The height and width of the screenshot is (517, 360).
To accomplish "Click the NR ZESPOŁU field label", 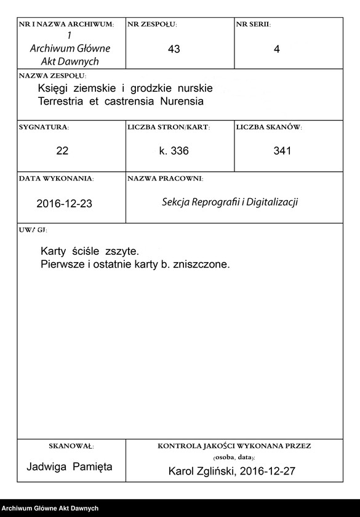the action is (152, 25).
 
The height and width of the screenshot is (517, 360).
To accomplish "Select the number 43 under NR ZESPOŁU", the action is (174, 49).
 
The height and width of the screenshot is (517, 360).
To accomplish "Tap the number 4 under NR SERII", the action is (277, 50).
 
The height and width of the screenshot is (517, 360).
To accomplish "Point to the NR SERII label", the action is (253, 25).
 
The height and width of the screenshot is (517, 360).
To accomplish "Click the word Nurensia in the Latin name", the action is (183, 100).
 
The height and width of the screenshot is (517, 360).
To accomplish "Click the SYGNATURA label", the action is (44, 127).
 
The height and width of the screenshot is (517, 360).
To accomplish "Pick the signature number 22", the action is (62, 151).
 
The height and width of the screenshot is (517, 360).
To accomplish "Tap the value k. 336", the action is (173, 151).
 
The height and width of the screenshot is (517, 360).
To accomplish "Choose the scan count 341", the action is (282, 151).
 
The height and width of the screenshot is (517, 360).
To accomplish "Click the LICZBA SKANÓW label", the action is (269, 127).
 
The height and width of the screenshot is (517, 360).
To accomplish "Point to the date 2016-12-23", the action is (65, 203).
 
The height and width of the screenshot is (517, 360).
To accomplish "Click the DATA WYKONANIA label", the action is (56, 178).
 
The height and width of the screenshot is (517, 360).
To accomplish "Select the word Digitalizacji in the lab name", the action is (271, 201).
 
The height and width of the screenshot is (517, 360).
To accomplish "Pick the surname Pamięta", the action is (93, 467).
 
